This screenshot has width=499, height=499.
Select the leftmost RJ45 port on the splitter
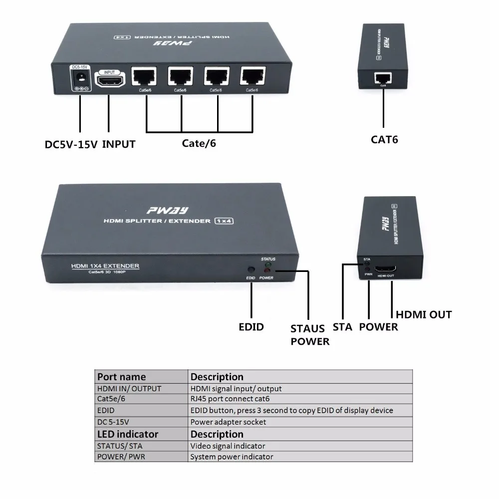(144, 77)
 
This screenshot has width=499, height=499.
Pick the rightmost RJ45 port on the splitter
(253, 76)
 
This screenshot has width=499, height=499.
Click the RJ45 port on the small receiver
(383, 77)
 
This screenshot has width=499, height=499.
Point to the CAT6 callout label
(384, 139)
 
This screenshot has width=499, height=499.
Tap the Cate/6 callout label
(199, 144)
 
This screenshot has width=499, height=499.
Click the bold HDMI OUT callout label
(423, 315)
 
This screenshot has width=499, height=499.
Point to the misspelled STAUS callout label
(308, 329)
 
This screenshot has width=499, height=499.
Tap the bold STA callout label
(342, 327)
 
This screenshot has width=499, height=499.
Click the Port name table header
(121, 377)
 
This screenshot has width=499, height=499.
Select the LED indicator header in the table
(127, 434)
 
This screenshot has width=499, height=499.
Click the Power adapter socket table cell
(228, 422)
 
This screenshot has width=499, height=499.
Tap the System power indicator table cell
(232, 457)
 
